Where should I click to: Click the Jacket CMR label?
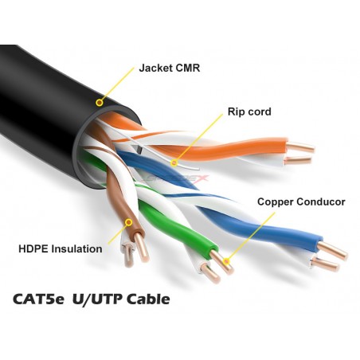coord(170,68)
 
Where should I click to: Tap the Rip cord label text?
coord(249,112)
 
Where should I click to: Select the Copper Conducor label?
coord(301,202)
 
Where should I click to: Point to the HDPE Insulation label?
coord(61,249)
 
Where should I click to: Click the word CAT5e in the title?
coord(38,299)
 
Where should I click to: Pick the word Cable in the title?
coord(148,299)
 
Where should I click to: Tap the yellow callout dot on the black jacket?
coord(100,103)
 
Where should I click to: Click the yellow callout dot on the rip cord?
coord(174,162)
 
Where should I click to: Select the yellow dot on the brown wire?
coord(129,222)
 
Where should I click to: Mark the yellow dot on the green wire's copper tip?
coord(226,261)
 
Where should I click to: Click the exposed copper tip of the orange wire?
coord(301,147)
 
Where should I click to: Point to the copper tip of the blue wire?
coord(332,251)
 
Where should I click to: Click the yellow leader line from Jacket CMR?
coord(117,85)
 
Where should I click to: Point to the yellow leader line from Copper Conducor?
coord(251,237)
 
